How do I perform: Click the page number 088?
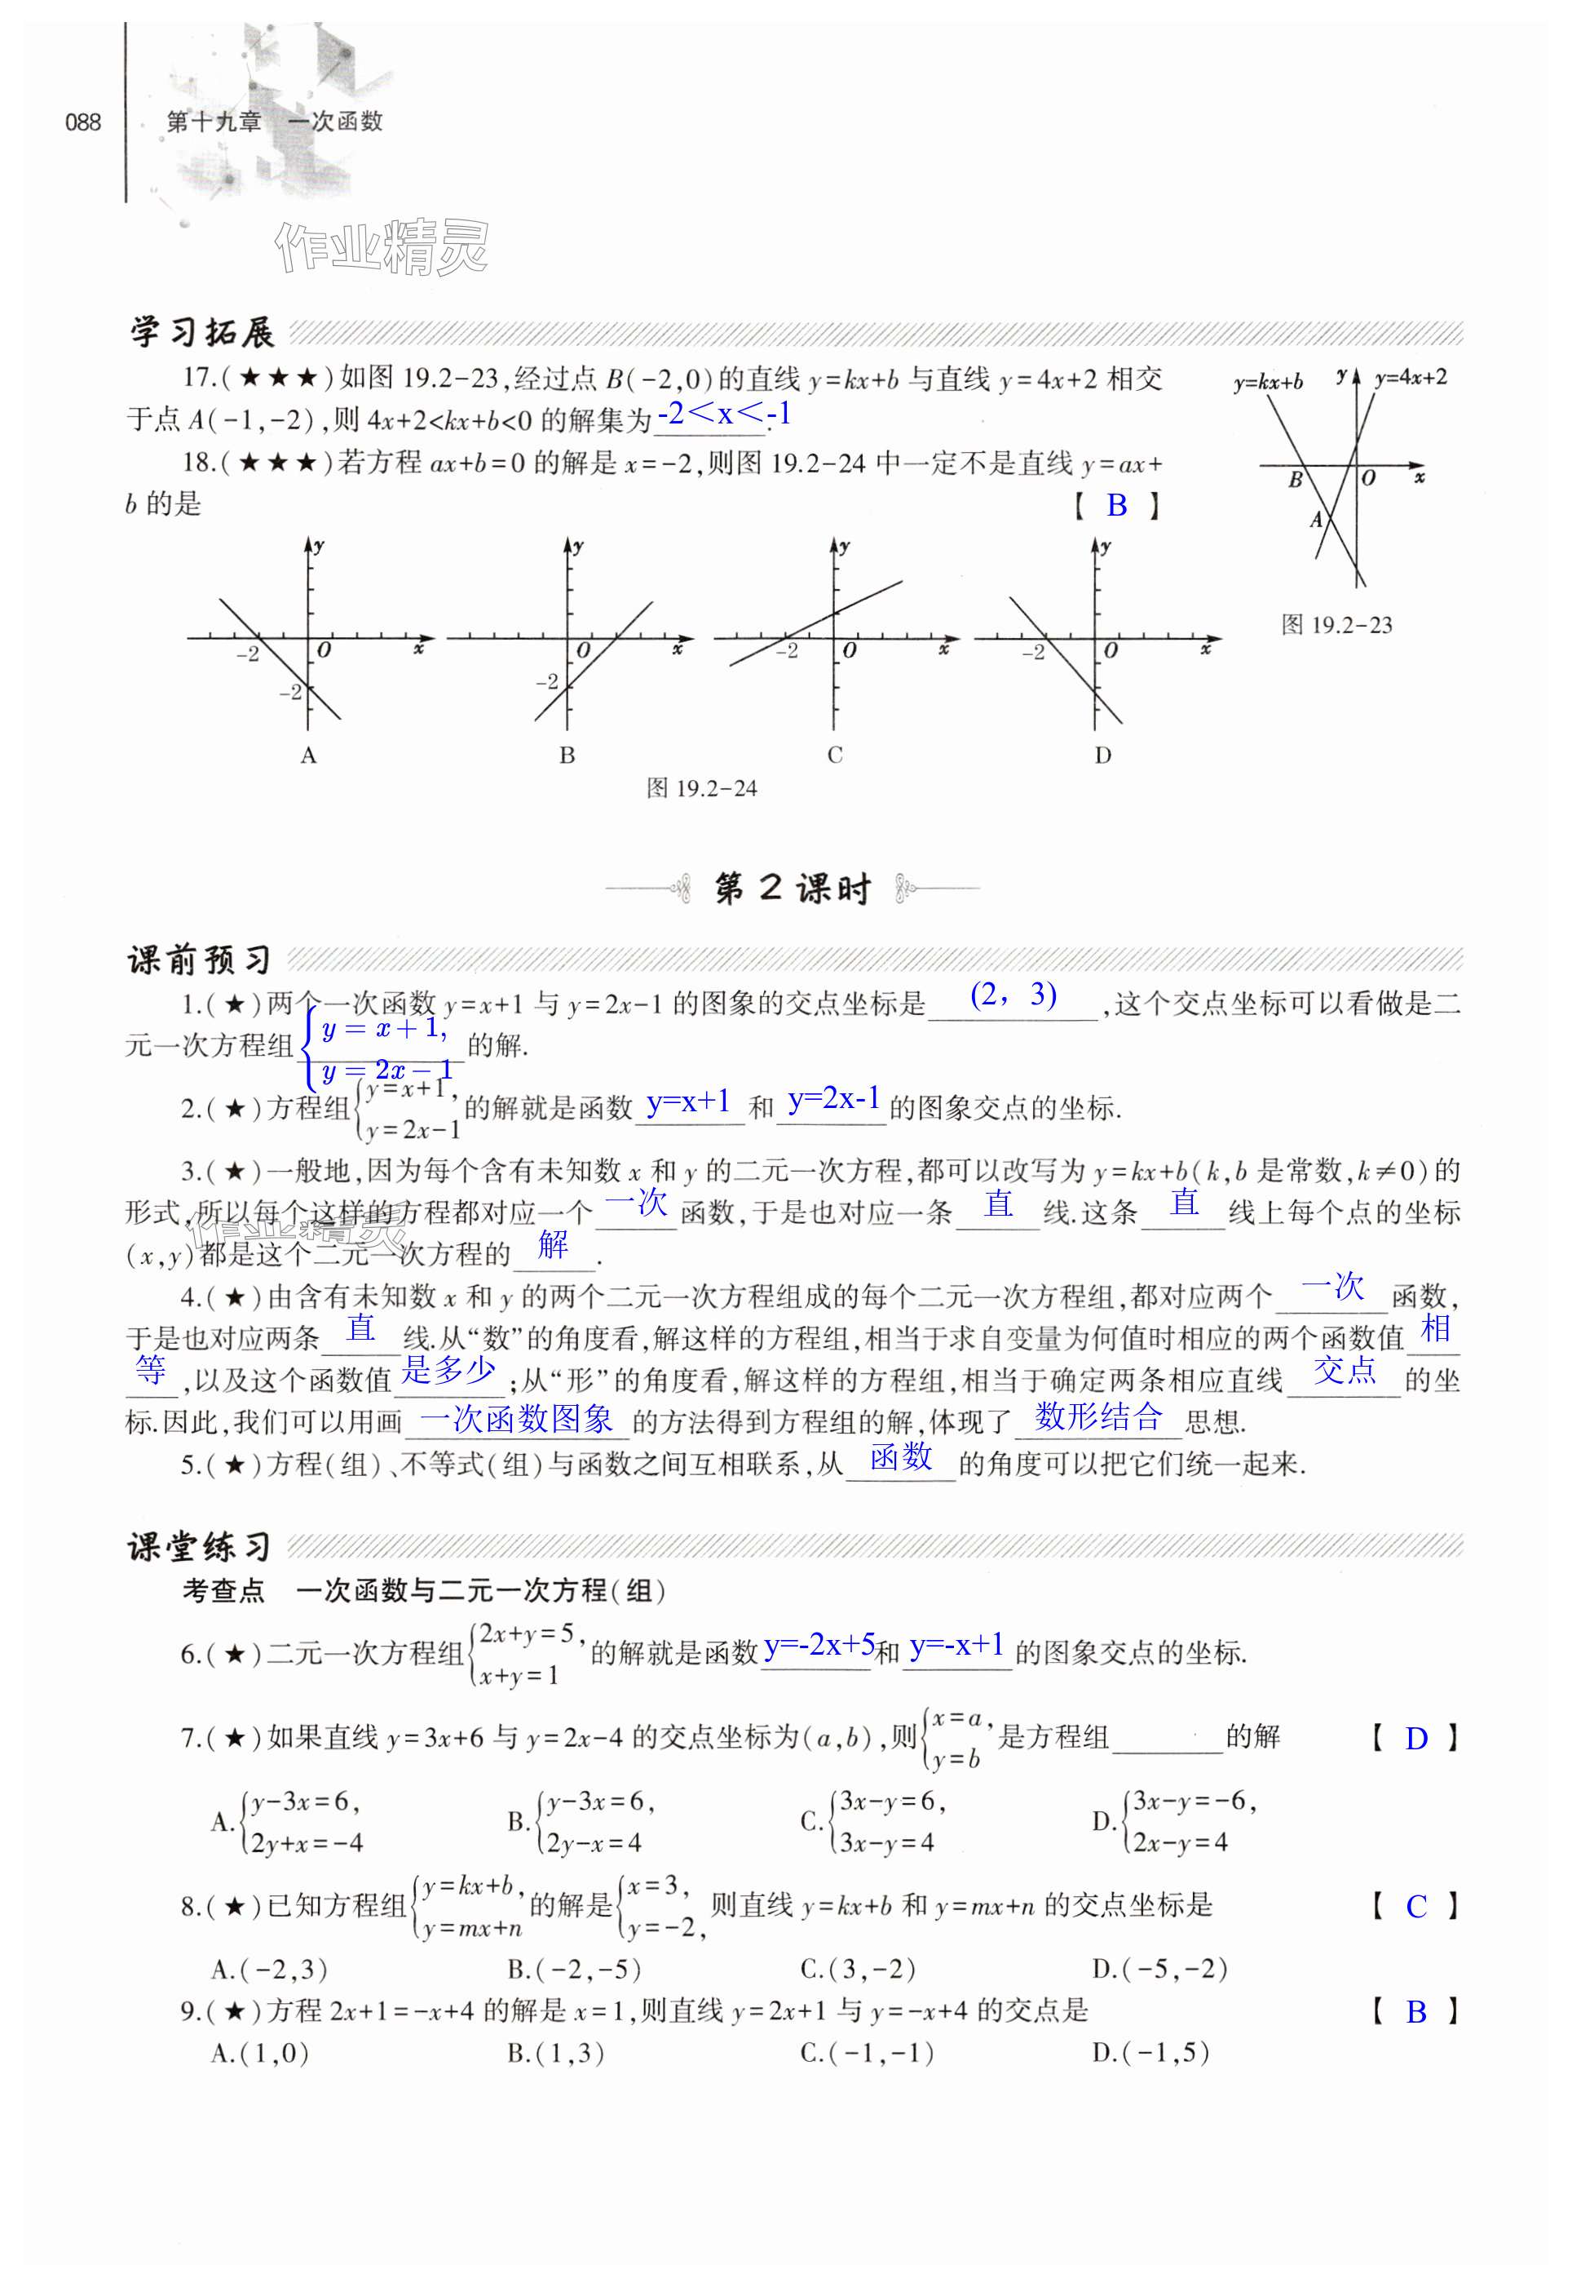point(82,122)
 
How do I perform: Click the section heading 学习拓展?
point(202,332)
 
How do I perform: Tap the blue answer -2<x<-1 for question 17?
point(724,414)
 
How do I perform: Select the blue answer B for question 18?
point(1116,506)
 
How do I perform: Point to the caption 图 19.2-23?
point(1336,625)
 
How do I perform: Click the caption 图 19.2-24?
point(701,788)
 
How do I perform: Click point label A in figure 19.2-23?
point(1316,519)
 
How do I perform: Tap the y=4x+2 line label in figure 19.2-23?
point(1411,378)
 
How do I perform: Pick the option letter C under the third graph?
point(834,756)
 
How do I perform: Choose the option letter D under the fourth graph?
point(1102,756)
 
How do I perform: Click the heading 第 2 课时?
point(792,889)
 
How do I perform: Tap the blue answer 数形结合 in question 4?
point(1098,1417)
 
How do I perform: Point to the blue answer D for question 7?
point(1415,1740)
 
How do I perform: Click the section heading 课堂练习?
point(200,1547)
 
